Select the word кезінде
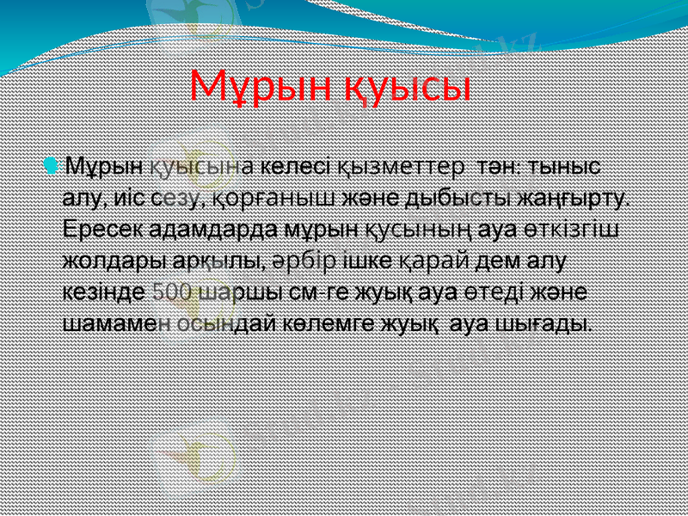pos(103,292)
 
